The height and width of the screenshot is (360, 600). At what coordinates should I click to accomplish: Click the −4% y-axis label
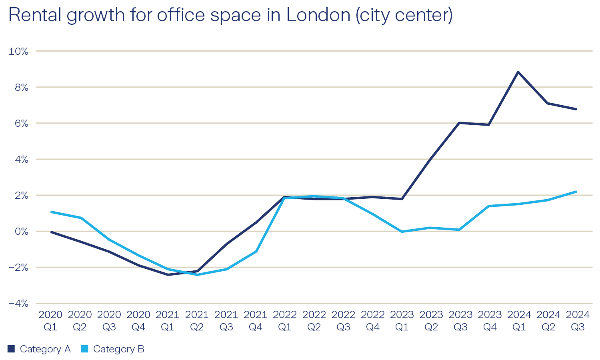[18, 303]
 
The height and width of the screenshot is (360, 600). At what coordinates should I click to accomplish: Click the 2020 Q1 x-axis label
[50, 321]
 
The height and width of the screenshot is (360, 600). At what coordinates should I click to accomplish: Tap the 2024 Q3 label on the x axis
[578, 321]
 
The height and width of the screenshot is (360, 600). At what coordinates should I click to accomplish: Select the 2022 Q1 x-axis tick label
[285, 321]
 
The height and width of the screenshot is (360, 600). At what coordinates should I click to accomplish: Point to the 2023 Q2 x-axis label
[431, 321]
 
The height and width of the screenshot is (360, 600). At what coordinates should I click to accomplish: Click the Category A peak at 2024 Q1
[518, 72]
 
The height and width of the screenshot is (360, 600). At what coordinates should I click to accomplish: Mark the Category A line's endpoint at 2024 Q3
[576, 109]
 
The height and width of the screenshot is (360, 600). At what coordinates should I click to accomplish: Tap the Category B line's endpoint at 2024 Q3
[576, 192]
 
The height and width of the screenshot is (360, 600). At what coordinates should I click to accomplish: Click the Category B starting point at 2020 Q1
[51, 212]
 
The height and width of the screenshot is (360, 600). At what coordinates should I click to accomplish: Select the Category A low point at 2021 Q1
[168, 275]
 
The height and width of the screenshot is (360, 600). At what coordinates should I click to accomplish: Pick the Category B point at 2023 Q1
[402, 232]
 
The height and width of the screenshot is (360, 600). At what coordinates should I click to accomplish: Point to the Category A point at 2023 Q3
[460, 123]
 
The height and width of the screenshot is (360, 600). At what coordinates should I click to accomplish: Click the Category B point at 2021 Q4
[256, 251]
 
